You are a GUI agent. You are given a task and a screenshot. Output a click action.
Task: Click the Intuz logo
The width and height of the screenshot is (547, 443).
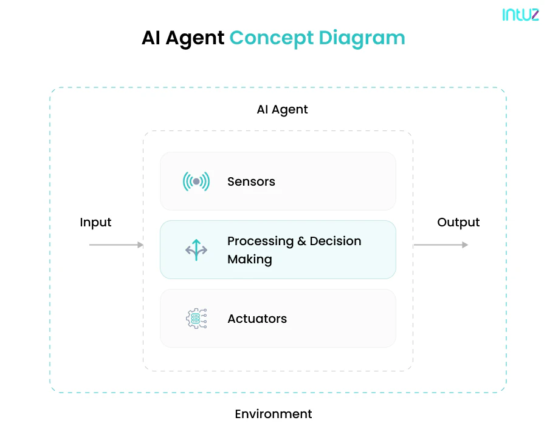click(520, 15)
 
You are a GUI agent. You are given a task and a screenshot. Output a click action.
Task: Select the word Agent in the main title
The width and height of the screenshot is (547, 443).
click(196, 38)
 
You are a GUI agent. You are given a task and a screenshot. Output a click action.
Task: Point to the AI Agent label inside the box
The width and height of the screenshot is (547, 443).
click(282, 110)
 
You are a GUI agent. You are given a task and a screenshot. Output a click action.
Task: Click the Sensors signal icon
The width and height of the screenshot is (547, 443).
click(196, 181)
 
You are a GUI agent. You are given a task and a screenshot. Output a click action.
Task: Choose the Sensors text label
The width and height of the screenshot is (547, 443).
click(251, 181)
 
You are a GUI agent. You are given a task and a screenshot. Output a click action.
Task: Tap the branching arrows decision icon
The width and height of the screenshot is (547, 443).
click(196, 250)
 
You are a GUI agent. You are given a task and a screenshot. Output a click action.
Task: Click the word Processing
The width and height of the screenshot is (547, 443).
click(260, 242)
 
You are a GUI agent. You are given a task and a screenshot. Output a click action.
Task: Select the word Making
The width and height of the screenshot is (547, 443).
click(249, 260)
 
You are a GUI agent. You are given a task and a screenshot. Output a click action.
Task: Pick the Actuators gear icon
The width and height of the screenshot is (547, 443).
click(196, 319)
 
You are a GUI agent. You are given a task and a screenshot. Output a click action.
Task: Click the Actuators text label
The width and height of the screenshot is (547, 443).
click(257, 319)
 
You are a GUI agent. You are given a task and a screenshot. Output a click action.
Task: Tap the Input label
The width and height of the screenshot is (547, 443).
click(95, 223)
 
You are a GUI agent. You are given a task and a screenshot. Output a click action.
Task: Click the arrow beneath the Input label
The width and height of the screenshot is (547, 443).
click(116, 245)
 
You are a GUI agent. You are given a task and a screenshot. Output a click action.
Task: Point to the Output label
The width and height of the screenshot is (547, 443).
click(458, 223)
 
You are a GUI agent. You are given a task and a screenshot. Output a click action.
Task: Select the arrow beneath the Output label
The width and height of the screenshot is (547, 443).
click(441, 245)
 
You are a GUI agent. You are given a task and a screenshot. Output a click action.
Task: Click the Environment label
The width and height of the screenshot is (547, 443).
click(273, 414)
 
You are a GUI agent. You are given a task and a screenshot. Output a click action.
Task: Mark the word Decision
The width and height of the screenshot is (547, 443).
click(335, 242)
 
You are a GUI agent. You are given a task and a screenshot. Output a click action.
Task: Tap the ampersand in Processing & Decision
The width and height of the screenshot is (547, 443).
click(301, 242)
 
